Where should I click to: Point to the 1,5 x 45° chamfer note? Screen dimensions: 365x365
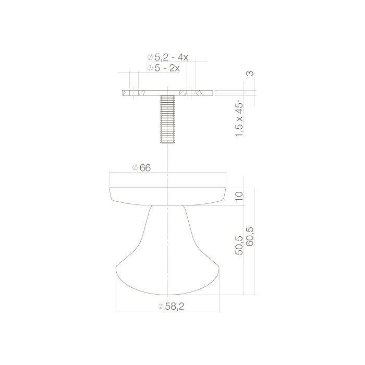point(240,119)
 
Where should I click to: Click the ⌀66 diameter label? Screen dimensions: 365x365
point(142,167)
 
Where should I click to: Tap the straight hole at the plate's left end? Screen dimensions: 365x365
point(135,93)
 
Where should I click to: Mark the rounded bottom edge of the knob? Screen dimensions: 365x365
point(167,295)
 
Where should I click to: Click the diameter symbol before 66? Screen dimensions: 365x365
point(135,167)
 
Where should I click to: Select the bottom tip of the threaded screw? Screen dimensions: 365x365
point(167,142)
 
